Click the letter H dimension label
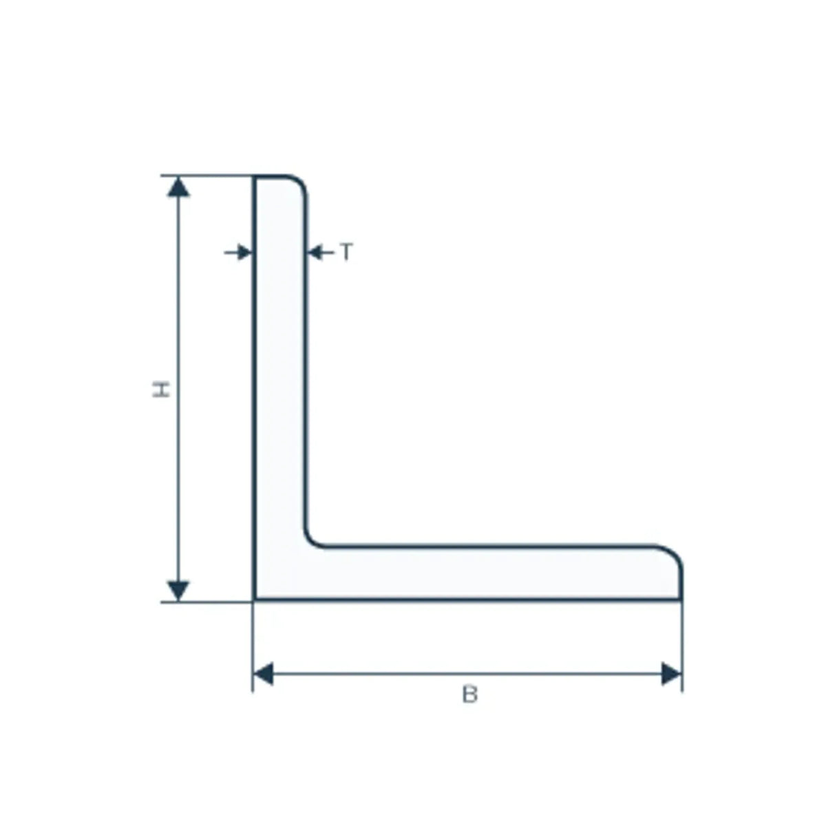point(161,389)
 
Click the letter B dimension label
point(470,695)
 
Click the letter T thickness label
point(346,252)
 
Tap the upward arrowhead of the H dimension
point(178,187)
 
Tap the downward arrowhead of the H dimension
point(178,591)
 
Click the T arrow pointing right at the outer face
point(238,253)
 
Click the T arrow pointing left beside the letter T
point(321,253)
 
